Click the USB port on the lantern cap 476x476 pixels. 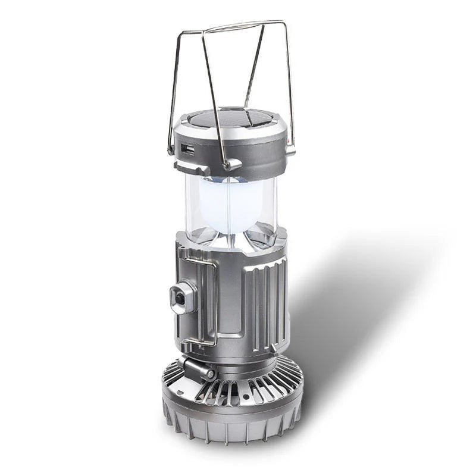(x=187, y=148)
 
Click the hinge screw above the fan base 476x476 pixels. (x=211, y=374)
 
